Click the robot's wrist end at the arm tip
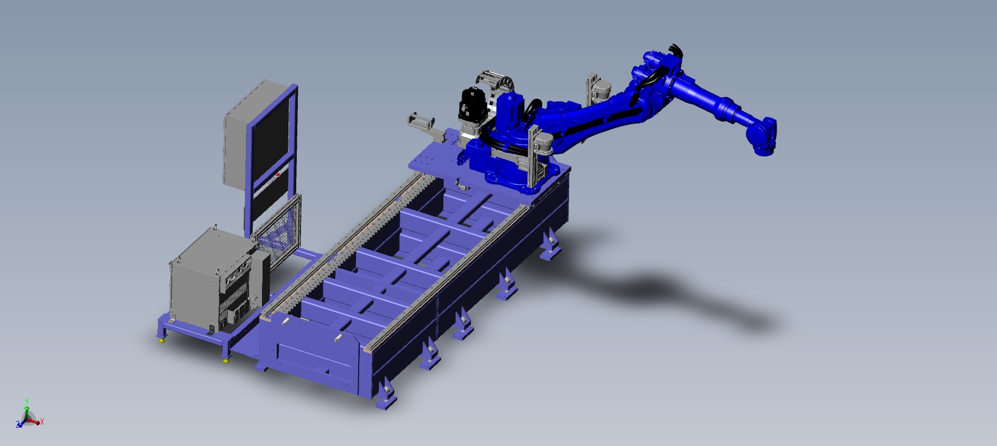[764, 136]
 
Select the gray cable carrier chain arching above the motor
[494, 78]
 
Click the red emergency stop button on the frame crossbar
[278, 175]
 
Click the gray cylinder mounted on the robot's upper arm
[602, 90]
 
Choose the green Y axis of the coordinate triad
[27, 405]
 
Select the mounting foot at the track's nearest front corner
[387, 398]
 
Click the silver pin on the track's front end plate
[337, 338]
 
